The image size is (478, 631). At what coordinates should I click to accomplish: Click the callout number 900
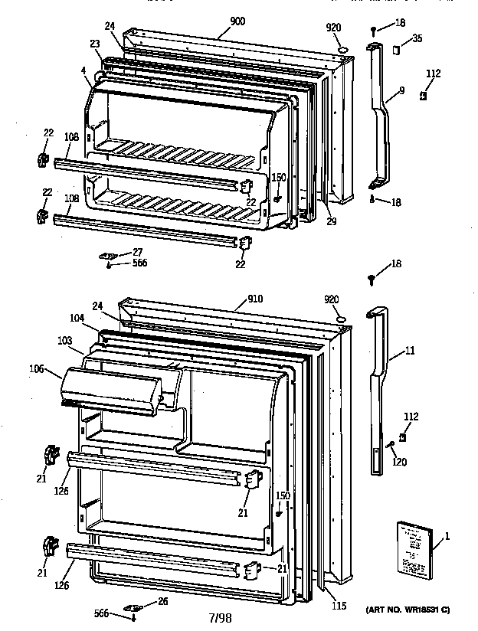(237, 22)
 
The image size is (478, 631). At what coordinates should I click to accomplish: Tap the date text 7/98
(221, 616)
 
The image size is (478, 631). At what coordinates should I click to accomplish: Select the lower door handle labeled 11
(378, 383)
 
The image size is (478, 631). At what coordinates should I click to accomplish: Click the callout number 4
(82, 71)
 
